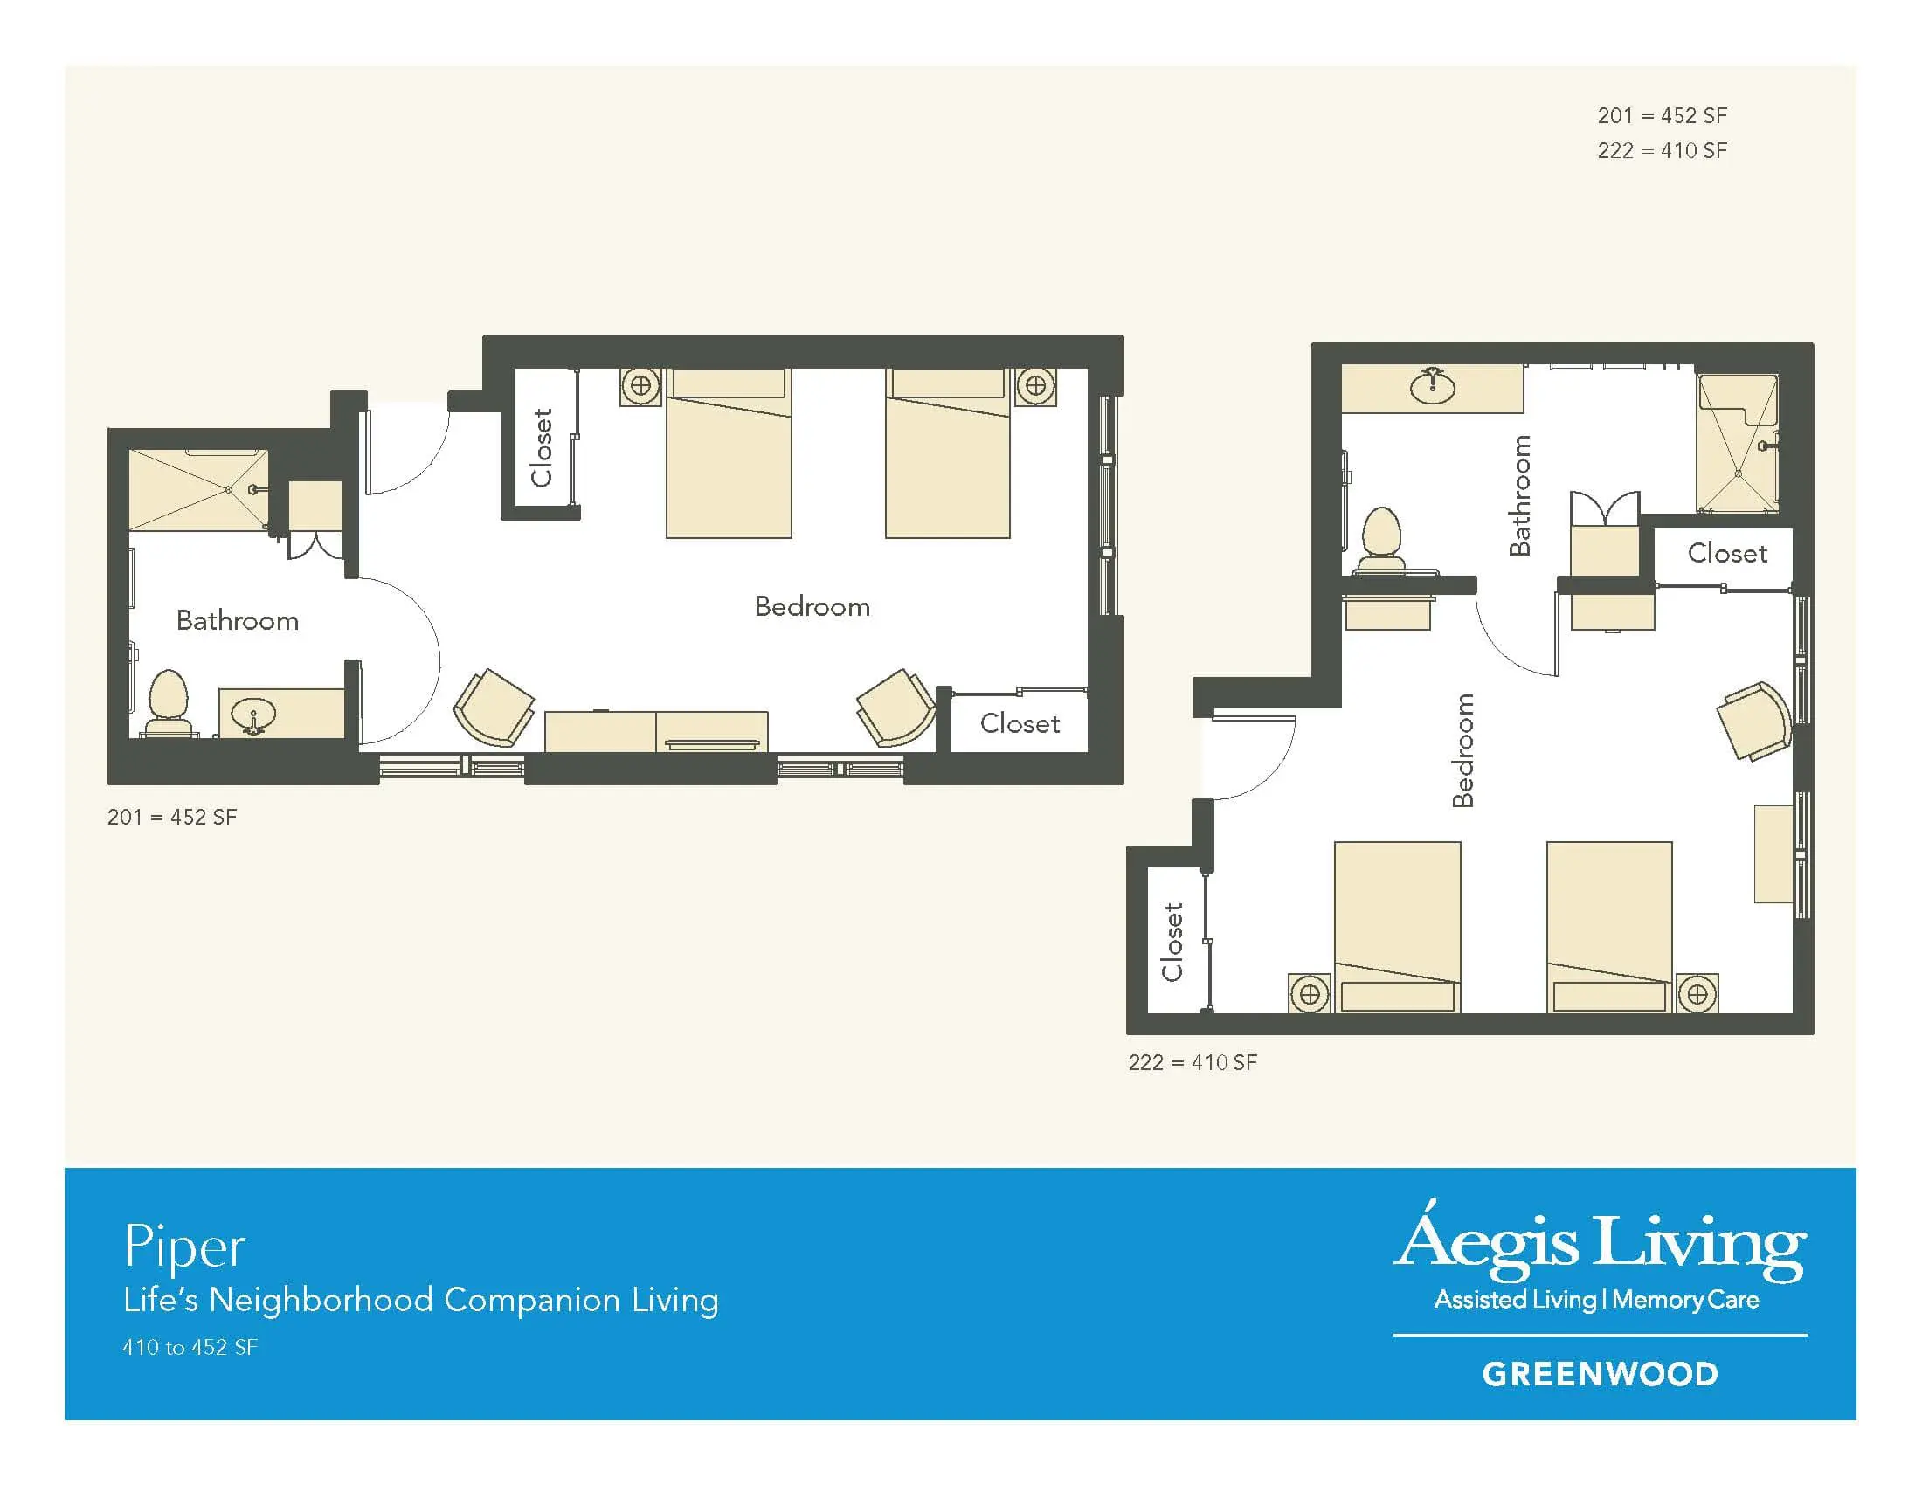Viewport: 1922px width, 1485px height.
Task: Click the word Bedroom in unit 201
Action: coord(812,606)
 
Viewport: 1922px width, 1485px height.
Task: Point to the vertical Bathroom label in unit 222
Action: coord(1520,495)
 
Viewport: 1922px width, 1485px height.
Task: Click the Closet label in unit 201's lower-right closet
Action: coord(1020,723)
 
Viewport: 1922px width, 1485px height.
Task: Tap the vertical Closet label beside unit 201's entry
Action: coord(542,447)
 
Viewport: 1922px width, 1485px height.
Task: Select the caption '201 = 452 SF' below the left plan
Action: coord(172,818)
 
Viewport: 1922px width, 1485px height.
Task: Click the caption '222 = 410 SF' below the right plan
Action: coord(1193,1063)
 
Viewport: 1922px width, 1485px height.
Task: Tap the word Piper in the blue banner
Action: coord(184,1247)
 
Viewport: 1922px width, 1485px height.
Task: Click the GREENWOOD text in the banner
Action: coord(1600,1374)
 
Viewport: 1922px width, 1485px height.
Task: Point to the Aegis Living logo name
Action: coord(1600,1240)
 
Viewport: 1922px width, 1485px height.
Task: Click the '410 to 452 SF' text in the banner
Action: coord(190,1347)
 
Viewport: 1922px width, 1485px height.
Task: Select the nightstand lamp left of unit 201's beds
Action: coord(640,385)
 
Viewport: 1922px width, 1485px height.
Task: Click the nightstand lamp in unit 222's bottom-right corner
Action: coord(1697,994)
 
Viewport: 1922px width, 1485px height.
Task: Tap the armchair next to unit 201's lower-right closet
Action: coord(895,708)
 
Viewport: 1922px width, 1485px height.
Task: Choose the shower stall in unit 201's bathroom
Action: coord(198,490)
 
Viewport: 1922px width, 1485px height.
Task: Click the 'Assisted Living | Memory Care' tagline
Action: coord(1596,1301)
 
